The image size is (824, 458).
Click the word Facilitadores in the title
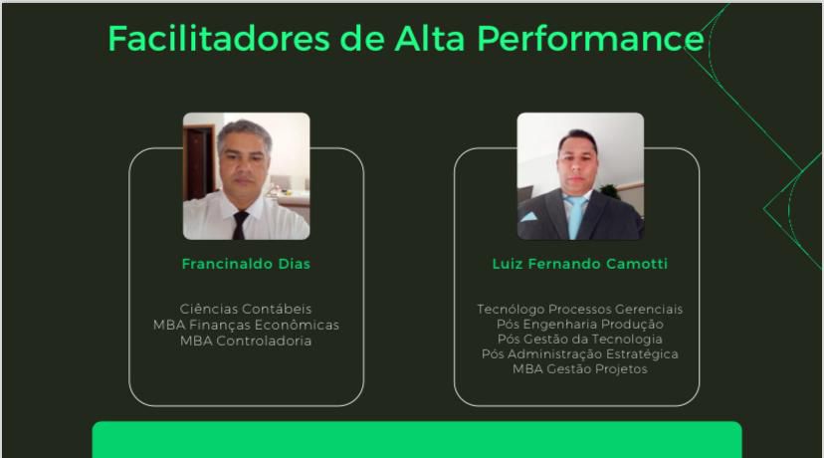pyautogui.click(x=219, y=39)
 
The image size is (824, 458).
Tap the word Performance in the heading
pyautogui.click(x=591, y=39)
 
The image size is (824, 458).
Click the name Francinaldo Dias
pyautogui.click(x=246, y=264)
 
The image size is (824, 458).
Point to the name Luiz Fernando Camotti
pyautogui.click(x=579, y=264)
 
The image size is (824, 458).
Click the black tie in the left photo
pyautogui.click(x=240, y=225)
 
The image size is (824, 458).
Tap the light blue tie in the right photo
pyautogui.click(x=575, y=217)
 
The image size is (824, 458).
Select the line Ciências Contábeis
pyautogui.click(x=246, y=309)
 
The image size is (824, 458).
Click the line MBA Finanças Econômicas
pyautogui.click(x=246, y=325)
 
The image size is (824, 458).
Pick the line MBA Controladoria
pyautogui.click(x=246, y=341)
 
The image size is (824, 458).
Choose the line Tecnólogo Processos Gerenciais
pyautogui.click(x=579, y=310)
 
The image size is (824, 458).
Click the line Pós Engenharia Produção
pyautogui.click(x=579, y=324)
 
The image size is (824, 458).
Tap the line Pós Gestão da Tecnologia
pyautogui.click(x=579, y=340)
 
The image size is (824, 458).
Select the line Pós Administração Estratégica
pyautogui.click(x=579, y=353)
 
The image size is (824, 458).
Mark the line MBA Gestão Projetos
pyautogui.click(x=579, y=369)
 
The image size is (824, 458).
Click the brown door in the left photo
pyautogui.click(x=199, y=162)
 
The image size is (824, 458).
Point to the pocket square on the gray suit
pyautogui.click(x=528, y=217)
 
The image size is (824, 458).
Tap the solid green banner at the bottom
pyautogui.click(x=417, y=440)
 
